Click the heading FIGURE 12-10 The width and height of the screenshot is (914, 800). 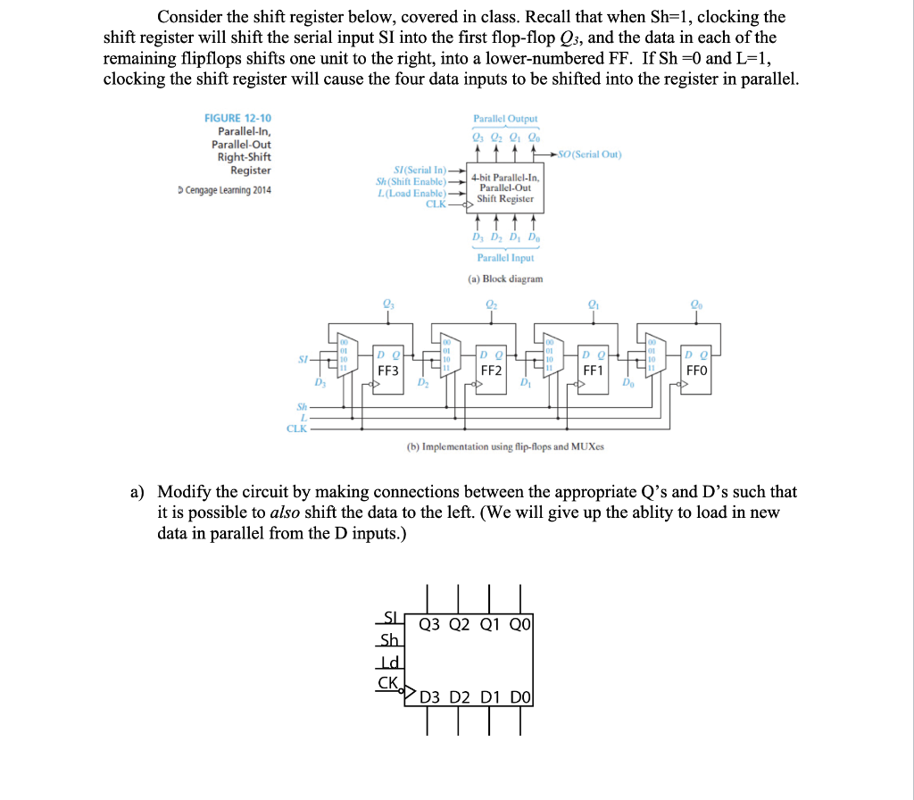(238, 118)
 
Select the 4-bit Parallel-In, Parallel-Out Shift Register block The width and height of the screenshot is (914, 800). (504, 187)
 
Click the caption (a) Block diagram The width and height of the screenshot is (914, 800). (505, 279)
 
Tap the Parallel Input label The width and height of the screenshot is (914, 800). (505, 257)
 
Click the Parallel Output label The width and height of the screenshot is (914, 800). (505, 118)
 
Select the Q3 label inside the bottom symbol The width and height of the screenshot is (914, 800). (429, 626)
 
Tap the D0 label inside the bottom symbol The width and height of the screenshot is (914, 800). (521, 696)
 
